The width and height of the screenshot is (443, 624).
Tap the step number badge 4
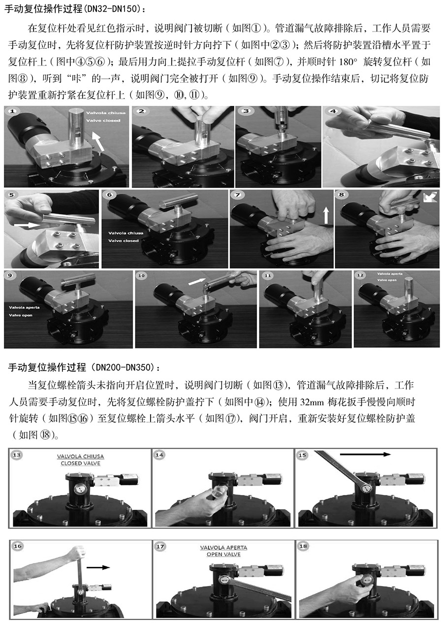click(x=333, y=111)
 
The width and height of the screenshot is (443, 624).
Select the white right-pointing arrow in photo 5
click(x=27, y=224)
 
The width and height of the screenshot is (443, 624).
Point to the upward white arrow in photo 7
click(x=326, y=216)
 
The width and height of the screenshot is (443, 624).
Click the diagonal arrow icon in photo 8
click(x=430, y=197)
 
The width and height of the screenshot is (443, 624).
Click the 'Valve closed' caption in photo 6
click(x=124, y=241)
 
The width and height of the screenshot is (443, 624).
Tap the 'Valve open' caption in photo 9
click(x=20, y=315)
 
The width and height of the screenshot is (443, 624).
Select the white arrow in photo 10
click(x=196, y=282)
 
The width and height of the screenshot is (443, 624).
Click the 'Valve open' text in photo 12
click(x=387, y=280)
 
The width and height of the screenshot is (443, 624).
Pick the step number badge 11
click(x=268, y=275)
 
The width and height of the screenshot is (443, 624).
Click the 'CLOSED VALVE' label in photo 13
click(x=80, y=463)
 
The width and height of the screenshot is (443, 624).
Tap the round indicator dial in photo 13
click(x=79, y=490)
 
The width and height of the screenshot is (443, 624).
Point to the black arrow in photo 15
click(x=365, y=455)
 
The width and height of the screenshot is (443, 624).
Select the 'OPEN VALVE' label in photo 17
click(x=223, y=555)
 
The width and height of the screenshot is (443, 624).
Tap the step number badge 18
click(x=303, y=546)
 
